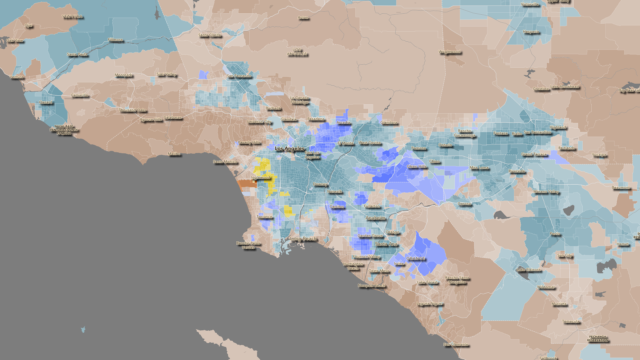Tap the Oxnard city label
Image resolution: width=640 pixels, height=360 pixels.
click(x=62, y=129)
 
